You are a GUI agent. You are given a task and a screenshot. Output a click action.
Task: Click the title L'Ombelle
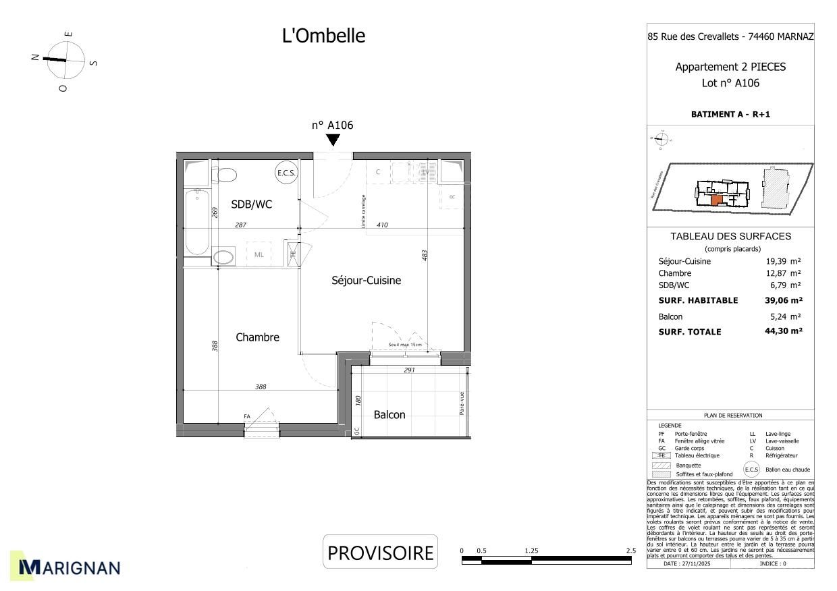pos(323,36)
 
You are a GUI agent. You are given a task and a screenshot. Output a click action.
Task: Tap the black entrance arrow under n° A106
pos(333,140)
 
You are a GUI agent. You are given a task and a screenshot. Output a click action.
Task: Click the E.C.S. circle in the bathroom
pos(286,173)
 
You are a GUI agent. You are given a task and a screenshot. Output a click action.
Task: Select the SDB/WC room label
pos(251,204)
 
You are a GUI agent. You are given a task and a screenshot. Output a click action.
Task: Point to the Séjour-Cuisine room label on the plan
pos(366,281)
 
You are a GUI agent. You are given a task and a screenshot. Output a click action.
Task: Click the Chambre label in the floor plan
pos(257,337)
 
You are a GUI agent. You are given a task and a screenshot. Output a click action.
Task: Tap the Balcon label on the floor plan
pos(389,415)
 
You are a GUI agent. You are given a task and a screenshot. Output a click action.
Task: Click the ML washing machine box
pos(259,254)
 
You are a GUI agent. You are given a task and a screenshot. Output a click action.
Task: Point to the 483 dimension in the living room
pos(425,256)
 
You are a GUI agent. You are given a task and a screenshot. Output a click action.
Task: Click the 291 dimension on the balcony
pos(409,370)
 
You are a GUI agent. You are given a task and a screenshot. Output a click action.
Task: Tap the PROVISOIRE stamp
pos(380,553)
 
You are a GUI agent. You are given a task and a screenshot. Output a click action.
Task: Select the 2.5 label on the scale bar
pos(630,551)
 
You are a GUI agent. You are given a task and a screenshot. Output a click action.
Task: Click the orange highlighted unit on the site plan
pos(716,200)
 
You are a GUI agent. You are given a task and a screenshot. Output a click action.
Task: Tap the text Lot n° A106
pos(730,84)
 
